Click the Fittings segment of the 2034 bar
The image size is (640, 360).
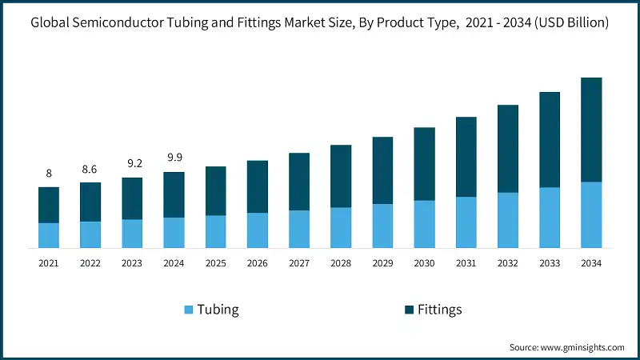591,130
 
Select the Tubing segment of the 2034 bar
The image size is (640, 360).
591,214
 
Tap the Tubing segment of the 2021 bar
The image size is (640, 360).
49,235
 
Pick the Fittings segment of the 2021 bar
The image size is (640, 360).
49,205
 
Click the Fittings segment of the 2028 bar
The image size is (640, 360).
341,176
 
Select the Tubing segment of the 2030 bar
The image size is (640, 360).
424,224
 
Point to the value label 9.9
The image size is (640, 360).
174,158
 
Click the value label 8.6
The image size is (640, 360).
90,169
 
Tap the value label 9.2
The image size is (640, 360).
132,163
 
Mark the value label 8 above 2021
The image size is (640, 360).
49,174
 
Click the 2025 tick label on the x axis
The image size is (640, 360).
215,262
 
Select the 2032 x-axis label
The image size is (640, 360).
508,262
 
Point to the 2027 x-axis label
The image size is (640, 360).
299,262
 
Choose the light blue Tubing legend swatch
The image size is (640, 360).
189,310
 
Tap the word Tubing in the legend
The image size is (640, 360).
218,310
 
